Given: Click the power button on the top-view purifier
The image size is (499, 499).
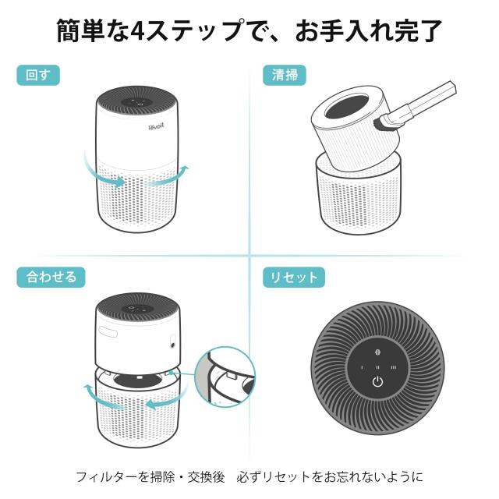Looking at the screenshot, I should pyautogui.click(x=377, y=382).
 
